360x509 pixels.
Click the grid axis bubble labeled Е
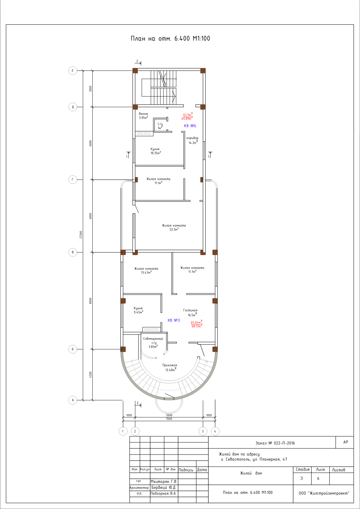point(73,71)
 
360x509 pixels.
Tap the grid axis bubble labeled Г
point(73,180)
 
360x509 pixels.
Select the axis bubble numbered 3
point(203,431)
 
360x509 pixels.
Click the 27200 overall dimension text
point(81,235)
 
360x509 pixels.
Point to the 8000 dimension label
point(91,301)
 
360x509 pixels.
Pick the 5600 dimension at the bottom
point(169,415)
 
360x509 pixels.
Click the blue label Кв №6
point(190,126)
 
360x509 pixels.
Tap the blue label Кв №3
point(174,320)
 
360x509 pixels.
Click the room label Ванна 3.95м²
point(143,116)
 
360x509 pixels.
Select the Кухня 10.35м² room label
point(156,151)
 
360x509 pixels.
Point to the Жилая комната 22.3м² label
point(174,227)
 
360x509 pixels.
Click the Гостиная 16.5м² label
point(190,313)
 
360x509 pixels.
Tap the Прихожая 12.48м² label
point(170,367)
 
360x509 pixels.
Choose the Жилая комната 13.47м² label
point(146,271)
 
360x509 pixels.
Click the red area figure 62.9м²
point(188,115)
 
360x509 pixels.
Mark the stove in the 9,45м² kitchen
point(151,329)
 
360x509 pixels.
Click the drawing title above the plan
point(170,39)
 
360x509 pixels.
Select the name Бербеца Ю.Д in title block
point(164,487)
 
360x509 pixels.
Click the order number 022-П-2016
point(284,443)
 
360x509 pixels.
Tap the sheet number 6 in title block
point(318,478)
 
